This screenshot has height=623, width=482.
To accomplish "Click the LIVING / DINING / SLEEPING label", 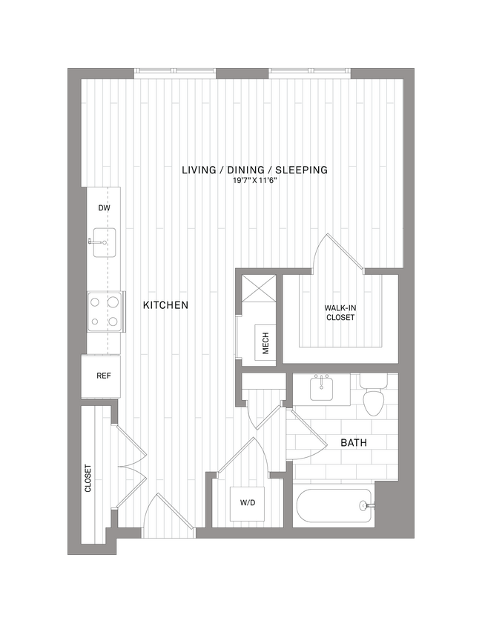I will click(x=255, y=170).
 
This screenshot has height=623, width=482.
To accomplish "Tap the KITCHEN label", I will click(x=165, y=305).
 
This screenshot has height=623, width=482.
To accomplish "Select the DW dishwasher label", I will click(x=104, y=208).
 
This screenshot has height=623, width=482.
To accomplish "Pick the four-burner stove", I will click(x=104, y=311).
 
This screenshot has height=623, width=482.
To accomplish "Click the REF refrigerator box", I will click(x=103, y=376).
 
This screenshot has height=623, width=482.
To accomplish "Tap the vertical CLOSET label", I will click(x=88, y=479).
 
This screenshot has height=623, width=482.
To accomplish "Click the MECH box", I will click(x=265, y=343).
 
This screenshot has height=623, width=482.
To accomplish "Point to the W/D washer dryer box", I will click(x=248, y=504).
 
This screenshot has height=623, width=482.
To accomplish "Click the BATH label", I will click(x=354, y=443).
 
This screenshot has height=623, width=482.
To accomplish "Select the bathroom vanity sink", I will click(x=322, y=388).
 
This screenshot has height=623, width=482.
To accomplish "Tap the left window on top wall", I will click(x=175, y=73).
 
